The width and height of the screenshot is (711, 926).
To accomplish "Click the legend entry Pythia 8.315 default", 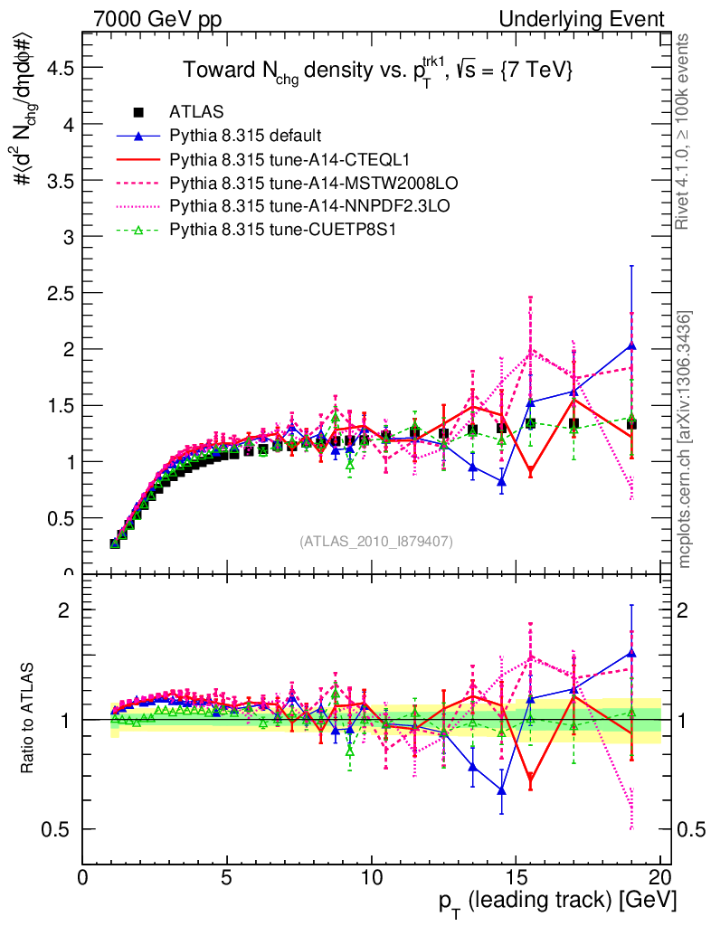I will click(x=245, y=137).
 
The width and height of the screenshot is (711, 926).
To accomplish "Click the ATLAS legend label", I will click(x=192, y=113).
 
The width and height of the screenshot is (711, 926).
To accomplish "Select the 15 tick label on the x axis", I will click(x=515, y=877).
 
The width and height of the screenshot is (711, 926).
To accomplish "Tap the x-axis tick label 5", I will click(x=227, y=877).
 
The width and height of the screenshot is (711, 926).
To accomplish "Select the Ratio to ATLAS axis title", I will click(x=28, y=719).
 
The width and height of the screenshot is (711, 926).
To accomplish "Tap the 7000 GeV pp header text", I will click(x=150, y=19).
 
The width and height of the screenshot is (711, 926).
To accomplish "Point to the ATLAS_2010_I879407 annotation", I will click(x=376, y=542).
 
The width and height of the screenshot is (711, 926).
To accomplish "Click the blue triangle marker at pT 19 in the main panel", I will click(x=631, y=345).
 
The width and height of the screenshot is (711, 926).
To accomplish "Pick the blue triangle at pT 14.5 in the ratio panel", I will click(x=502, y=790).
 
